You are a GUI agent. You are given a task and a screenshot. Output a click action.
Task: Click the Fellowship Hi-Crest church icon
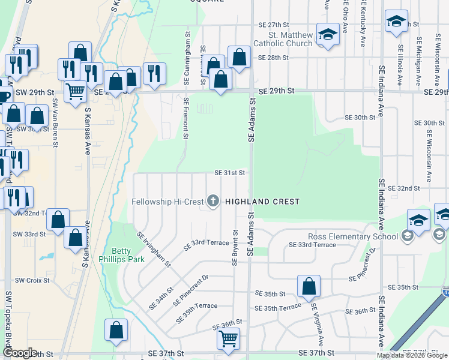pos(213,202)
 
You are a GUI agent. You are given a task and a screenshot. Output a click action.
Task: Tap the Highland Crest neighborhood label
pos(262,202)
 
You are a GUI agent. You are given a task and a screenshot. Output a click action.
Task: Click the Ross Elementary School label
pos(353,236)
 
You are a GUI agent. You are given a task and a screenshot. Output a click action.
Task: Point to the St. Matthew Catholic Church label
pos(291,39)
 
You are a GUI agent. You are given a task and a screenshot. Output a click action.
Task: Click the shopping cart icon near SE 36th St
pos(228,339)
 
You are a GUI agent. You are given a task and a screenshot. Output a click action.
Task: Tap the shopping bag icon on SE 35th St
pos(309,286)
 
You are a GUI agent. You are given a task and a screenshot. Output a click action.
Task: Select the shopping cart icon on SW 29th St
pos(75,92)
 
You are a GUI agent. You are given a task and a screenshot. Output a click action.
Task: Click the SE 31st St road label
pos(230,173)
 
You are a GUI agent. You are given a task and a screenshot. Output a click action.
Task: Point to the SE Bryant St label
pos(235,247)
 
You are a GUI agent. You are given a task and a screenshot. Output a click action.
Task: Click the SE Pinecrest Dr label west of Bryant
pos(190,290)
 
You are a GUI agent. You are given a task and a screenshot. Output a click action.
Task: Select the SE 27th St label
pos(274,25)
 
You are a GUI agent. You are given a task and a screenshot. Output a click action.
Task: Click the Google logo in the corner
pos(20,353)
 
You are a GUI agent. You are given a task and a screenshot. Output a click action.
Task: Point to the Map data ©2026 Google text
pos(412,355)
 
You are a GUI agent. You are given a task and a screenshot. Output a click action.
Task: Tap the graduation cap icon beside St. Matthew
pos(328,34)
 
